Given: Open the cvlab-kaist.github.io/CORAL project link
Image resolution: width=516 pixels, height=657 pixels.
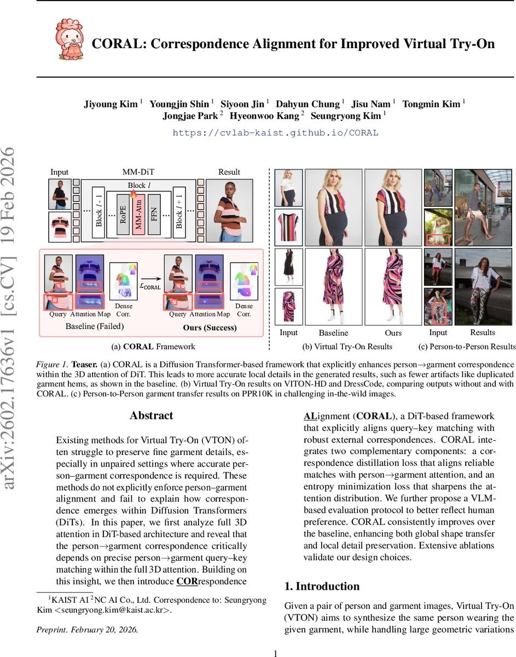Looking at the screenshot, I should pos(275,132).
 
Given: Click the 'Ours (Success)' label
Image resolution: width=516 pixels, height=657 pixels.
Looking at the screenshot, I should pos(210,327).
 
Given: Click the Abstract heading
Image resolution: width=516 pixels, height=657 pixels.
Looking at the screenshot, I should pos(151,416).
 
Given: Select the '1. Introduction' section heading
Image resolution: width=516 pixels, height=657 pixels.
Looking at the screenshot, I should pos(322,586).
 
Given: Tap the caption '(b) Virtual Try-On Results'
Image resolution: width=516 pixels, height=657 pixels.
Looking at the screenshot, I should pos(347,346).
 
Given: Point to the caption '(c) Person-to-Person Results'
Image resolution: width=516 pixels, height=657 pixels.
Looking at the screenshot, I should pos(467,346).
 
